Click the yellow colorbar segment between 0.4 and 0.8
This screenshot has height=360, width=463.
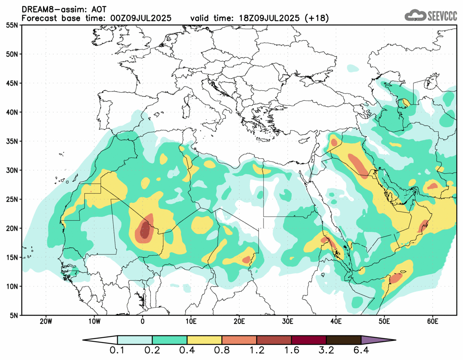pyautogui.click(x=204, y=340)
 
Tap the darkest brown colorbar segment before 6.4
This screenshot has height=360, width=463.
pyautogui.click(x=343, y=340)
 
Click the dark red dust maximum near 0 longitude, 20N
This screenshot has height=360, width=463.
pyautogui.click(x=145, y=230)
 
